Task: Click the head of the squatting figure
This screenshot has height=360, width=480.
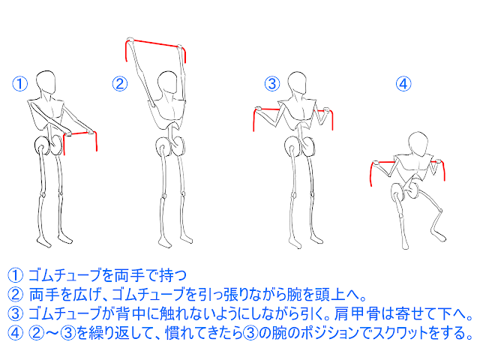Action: (418, 142)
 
